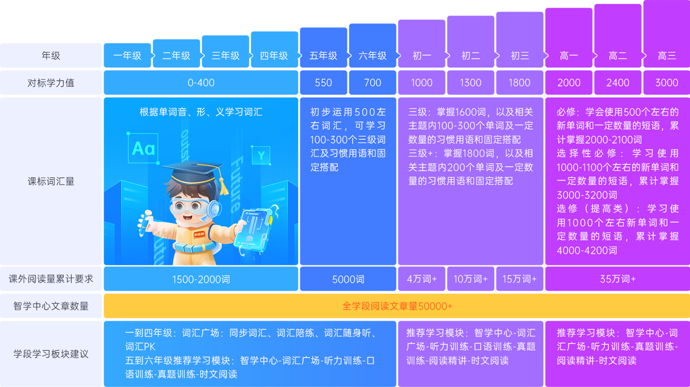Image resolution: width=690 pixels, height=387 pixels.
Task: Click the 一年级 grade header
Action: tap(127, 56)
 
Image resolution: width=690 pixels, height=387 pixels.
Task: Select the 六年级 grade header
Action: tap(372, 56)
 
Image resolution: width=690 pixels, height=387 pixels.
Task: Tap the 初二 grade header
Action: tap(470, 56)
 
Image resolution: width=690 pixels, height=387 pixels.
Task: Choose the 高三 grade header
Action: tap(666, 56)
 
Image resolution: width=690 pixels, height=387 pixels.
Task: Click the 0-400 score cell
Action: tap(201, 83)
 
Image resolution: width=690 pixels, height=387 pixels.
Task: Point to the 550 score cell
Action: tap(323, 83)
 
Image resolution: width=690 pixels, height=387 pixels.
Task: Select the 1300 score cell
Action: tap(470, 83)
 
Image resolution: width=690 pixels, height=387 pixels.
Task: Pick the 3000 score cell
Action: tap(666, 83)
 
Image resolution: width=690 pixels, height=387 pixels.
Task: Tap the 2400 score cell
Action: tap(617, 83)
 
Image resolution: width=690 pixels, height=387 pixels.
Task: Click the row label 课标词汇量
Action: tap(51, 181)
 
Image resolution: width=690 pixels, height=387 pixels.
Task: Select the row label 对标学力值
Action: tap(51, 83)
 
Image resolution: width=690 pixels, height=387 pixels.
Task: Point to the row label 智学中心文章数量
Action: tap(51, 306)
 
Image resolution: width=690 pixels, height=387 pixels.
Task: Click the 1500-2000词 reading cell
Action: tap(201, 279)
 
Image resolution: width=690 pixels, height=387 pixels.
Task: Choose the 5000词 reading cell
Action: tap(348, 279)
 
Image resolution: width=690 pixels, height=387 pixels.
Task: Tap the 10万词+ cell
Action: tap(470, 279)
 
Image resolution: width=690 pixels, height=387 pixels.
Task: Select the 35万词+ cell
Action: tap(617, 279)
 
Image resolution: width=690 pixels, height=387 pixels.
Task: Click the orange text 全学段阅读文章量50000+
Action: tap(397, 306)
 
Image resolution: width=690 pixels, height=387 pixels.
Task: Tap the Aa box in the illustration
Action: tap(143, 149)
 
